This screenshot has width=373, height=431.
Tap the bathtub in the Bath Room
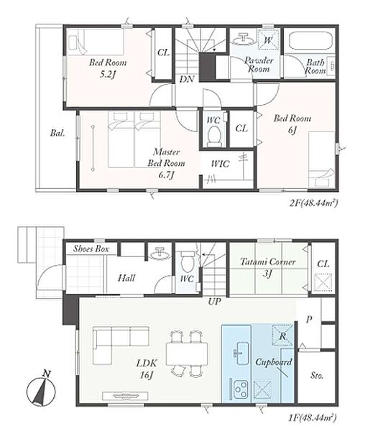(310, 42)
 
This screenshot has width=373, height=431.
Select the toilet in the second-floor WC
(214, 136)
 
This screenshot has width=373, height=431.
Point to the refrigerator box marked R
(282, 335)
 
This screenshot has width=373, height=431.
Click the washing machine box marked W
(268, 40)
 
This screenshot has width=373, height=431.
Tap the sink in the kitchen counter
(241, 353)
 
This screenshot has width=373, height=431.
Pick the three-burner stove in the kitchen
(240, 389)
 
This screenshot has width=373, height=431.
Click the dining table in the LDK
(187, 353)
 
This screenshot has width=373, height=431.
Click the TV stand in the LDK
(125, 396)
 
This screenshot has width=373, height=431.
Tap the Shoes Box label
(91, 249)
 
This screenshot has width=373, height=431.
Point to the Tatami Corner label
(268, 261)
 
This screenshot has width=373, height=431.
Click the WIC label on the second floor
(220, 164)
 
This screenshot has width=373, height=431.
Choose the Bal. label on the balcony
(57, 133)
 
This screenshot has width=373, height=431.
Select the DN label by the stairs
(187, 79)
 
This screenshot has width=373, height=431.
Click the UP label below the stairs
(214, 302)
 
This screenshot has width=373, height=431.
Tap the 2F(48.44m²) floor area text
(313, 203)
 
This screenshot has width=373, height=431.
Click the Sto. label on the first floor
(317, 375)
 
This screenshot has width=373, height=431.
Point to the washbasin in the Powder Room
(243, 39)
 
